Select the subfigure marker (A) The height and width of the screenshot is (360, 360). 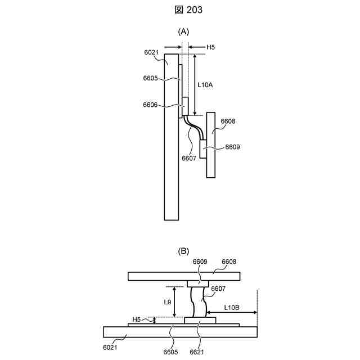[183, 32]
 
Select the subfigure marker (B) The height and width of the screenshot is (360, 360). [183, 251]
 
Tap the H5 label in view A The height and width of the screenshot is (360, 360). [211, 48]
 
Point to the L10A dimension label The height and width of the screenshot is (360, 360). [206, 85]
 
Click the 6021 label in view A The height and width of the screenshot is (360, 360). [151, 52]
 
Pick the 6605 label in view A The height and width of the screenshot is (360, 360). [151, 79]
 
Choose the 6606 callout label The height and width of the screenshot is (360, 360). [151, 105]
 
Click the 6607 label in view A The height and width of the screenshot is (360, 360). [189, 158]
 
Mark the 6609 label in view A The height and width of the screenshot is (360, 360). [233, 147]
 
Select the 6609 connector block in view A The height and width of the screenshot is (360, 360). [204, 148]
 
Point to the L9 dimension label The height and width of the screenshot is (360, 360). [168, 302]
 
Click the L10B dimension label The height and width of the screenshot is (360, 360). [232, 307]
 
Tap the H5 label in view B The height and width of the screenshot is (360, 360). [137, 319]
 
